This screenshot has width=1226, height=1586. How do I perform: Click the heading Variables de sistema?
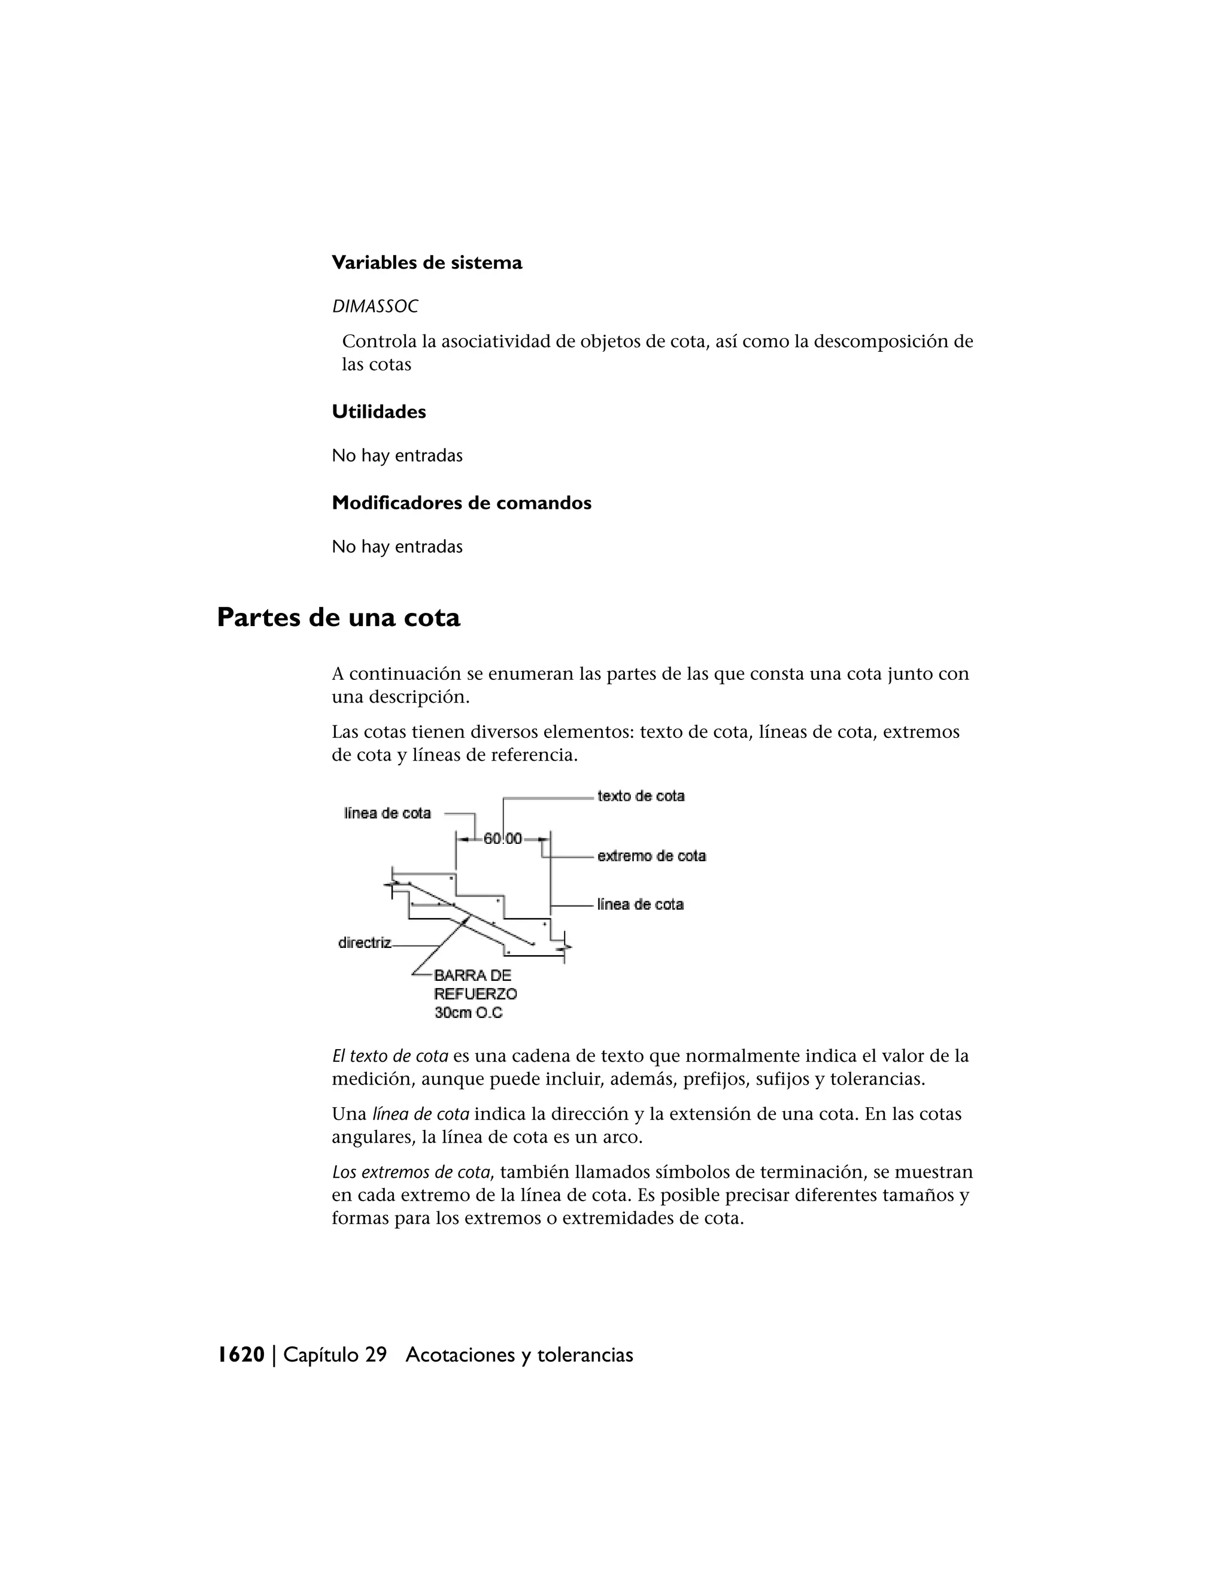426,263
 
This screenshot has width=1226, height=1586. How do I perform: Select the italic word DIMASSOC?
375,306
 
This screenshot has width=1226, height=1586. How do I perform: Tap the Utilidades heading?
378,412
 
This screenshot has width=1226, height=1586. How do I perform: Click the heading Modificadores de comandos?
461,503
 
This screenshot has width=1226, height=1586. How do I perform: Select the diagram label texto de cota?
641,796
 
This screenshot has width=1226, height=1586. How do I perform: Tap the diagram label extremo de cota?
651,856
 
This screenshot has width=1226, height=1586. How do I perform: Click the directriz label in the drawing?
365,943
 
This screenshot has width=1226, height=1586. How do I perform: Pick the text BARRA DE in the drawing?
473,976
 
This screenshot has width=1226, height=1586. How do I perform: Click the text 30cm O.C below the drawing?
469,1012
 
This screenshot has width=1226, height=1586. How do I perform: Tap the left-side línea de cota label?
387,813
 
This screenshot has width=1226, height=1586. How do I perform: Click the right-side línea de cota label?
640,905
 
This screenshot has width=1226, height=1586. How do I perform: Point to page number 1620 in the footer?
241,1355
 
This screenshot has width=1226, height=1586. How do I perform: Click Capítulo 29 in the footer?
335,1355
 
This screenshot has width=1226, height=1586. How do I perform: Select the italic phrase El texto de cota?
390,1056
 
